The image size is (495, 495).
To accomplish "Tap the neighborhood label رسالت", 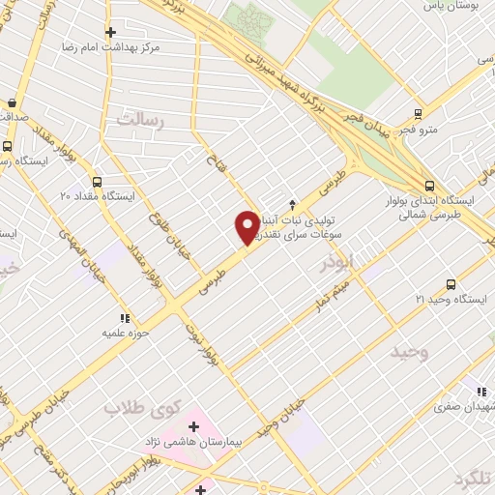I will click(142, 121).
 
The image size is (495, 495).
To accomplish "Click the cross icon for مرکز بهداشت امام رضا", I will click(111, 32).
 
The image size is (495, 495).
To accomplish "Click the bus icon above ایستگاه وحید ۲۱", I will click(451, 284).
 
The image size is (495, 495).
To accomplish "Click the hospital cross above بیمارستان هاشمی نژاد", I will click(194, 425).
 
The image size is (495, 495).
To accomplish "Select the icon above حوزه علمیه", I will click(124, 318).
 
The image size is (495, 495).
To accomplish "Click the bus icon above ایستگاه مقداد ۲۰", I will click(97, 181).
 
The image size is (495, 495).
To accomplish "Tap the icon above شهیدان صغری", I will click(480, 392).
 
